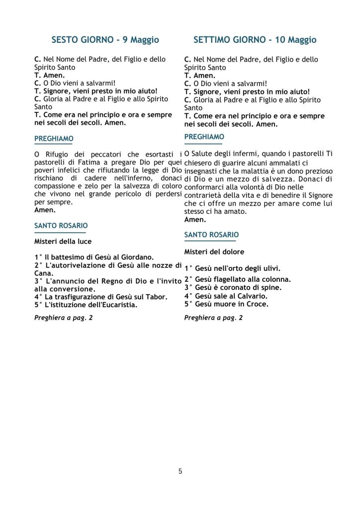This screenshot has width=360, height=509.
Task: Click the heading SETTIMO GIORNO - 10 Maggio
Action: click(255, 40)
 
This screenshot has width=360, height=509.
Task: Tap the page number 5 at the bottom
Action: click(180, 471)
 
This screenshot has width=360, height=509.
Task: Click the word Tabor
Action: click(156, 297)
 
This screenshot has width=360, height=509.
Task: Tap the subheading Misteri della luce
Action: click(63, 242)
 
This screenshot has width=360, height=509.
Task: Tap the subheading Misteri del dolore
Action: click(214, 252)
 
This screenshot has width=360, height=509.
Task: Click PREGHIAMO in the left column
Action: click(54, 138)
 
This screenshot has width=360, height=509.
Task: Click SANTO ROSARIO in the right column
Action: click(211, 235)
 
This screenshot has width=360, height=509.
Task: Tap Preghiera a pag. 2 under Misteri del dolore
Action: click(213, 318)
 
